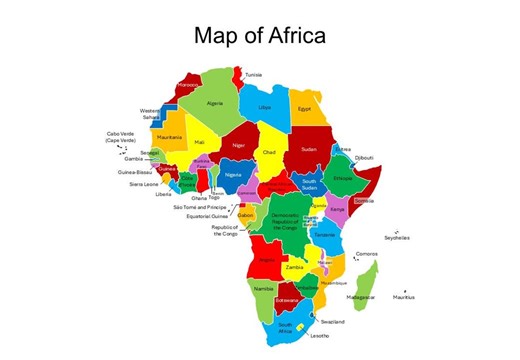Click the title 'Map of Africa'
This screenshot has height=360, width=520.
(259, 36)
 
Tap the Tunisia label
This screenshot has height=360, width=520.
(254, 74)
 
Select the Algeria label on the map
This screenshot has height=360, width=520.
(215, 102)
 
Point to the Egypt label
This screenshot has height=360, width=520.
(306, 107)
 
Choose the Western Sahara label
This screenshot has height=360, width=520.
(150, 113)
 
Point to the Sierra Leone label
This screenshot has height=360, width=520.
(143, 184)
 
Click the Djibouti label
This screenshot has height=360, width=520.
(364, 158)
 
